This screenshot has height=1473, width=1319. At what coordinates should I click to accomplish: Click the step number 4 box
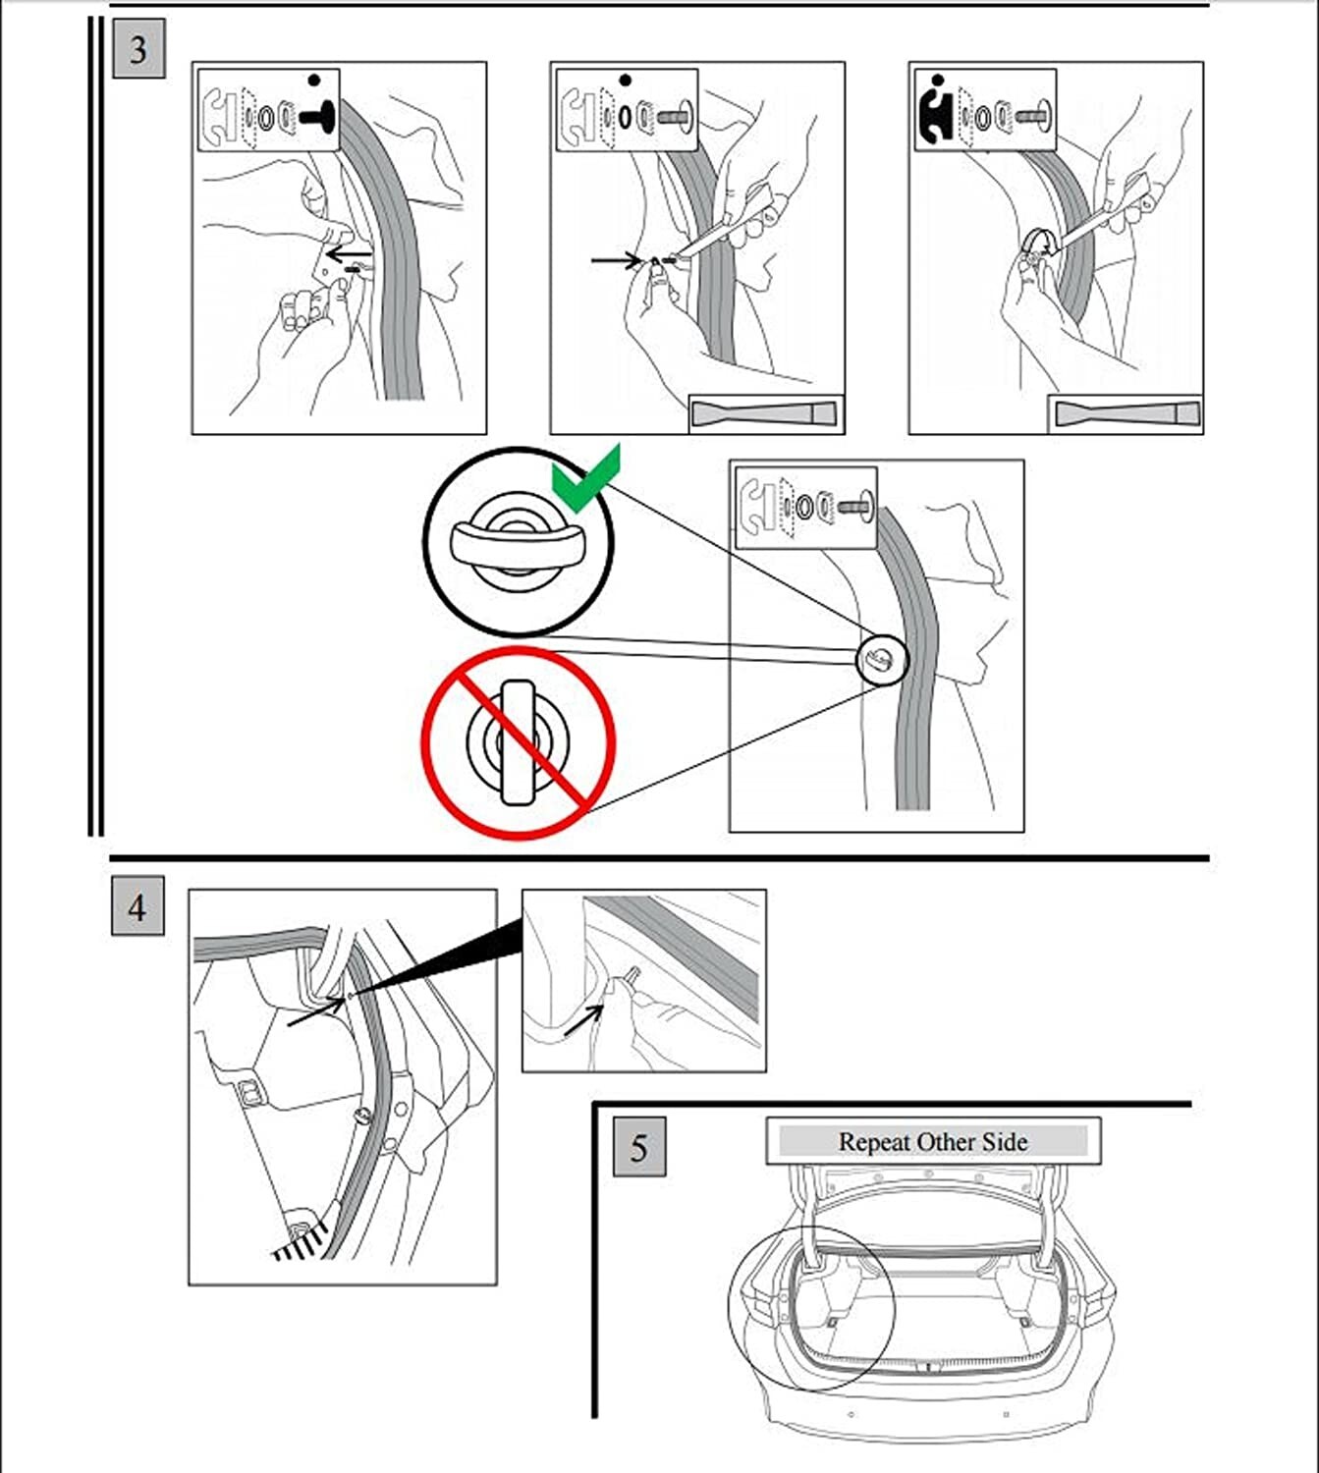pos(137,907)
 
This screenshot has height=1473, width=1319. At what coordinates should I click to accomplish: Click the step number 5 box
pos(639,1147)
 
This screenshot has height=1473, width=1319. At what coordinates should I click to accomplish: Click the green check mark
pos(586,478)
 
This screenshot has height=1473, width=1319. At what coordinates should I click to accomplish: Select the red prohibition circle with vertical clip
pos(519,742)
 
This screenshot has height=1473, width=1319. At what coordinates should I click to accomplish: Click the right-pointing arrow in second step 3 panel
pos(617,260)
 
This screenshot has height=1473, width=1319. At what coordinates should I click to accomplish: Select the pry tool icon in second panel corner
pos(766,413)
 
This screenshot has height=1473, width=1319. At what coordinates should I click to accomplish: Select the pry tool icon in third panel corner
pos(1126,413)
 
